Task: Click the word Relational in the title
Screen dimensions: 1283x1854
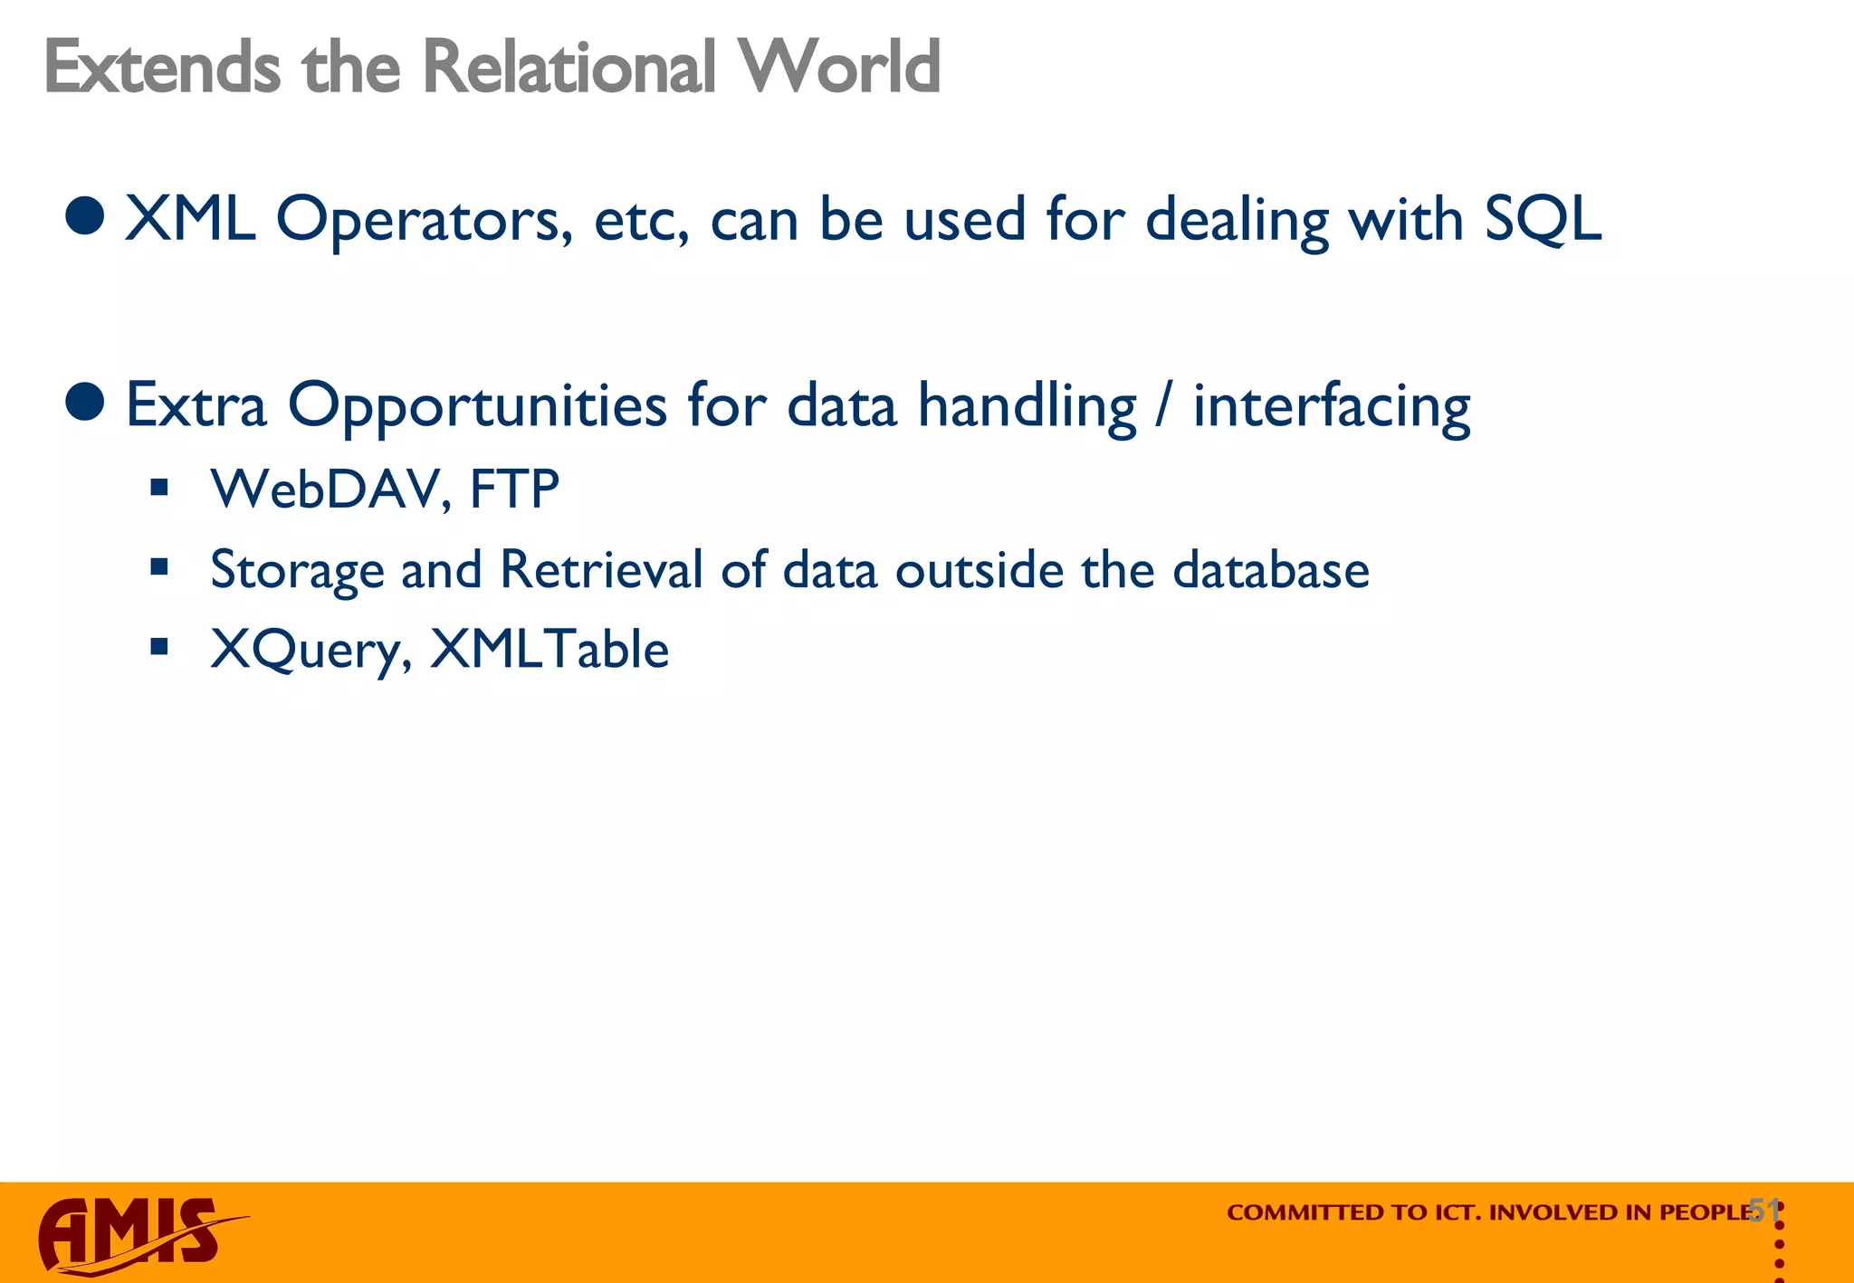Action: click(563, 67)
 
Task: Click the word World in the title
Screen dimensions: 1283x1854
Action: click(838, 67)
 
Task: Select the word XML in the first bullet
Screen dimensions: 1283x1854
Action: click(189, 219)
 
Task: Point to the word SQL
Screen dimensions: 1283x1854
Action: click(1543, 221)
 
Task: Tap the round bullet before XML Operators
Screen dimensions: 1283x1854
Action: click(86, 215)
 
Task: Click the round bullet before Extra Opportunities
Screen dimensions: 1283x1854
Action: click(86, 401)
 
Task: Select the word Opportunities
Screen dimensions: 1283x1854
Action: click(476, 406)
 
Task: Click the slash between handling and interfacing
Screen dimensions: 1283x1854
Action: click(1163, 405)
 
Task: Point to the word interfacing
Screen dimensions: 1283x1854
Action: click(1331, 406)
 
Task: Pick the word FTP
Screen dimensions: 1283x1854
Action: click(514, 489)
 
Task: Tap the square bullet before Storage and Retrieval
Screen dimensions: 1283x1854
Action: click(160, 567)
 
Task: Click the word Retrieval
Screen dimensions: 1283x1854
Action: click(601, 570)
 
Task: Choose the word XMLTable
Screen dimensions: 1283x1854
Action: click(549, 649)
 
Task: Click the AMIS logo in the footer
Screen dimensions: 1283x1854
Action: click(136, 1234)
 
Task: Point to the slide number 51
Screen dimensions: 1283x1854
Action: click(1763, 1210)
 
